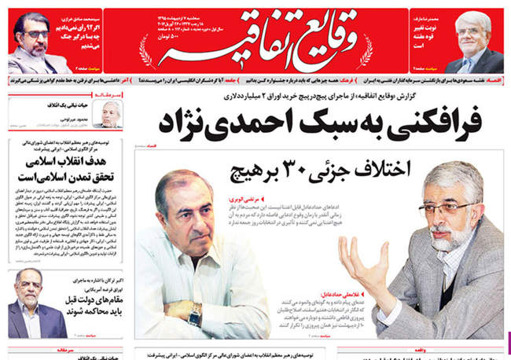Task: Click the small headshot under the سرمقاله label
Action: click(111, 114)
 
